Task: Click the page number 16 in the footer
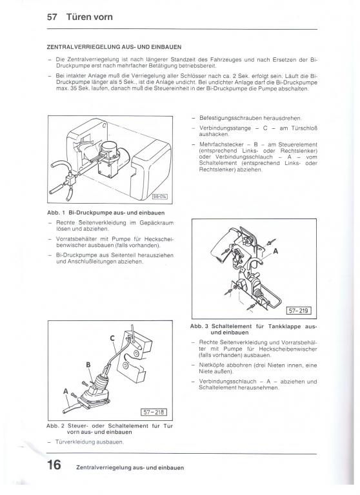pyautogui.click(x=54, y=464)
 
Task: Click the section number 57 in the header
pyautogui.click(x=52, y=17)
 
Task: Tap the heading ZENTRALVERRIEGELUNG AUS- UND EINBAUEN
pyautogui.click(x=114, y=47)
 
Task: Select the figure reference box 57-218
pyautogui.click(x=154, y=412)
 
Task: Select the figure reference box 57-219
pyautogui.click(x=298, y=311)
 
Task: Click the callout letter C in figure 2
pyautogui.click(x=112, y=338)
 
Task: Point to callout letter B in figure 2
pyautogui.click(x=88, y=365)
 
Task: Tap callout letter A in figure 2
pyautogui.click(x=66, y=391)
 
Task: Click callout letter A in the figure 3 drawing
pyautogui.click(x=275, y=251)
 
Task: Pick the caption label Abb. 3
pyautogui.click(x=199, y=326)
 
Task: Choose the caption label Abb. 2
pyautogui.click(x=55, y=426)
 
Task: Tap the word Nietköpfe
pyautogui.click(x=210, y=365)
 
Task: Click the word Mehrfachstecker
pyautogui.click(x=221, y=144)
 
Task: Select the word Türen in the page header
pyautogui.click(x=77, y=17)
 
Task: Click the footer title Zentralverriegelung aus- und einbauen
pyautogui.click(x=130, y=467)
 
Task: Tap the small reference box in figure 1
pyautogui.click(x=159, y=197)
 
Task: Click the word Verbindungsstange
pyautogui.click(x=225, y=128)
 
